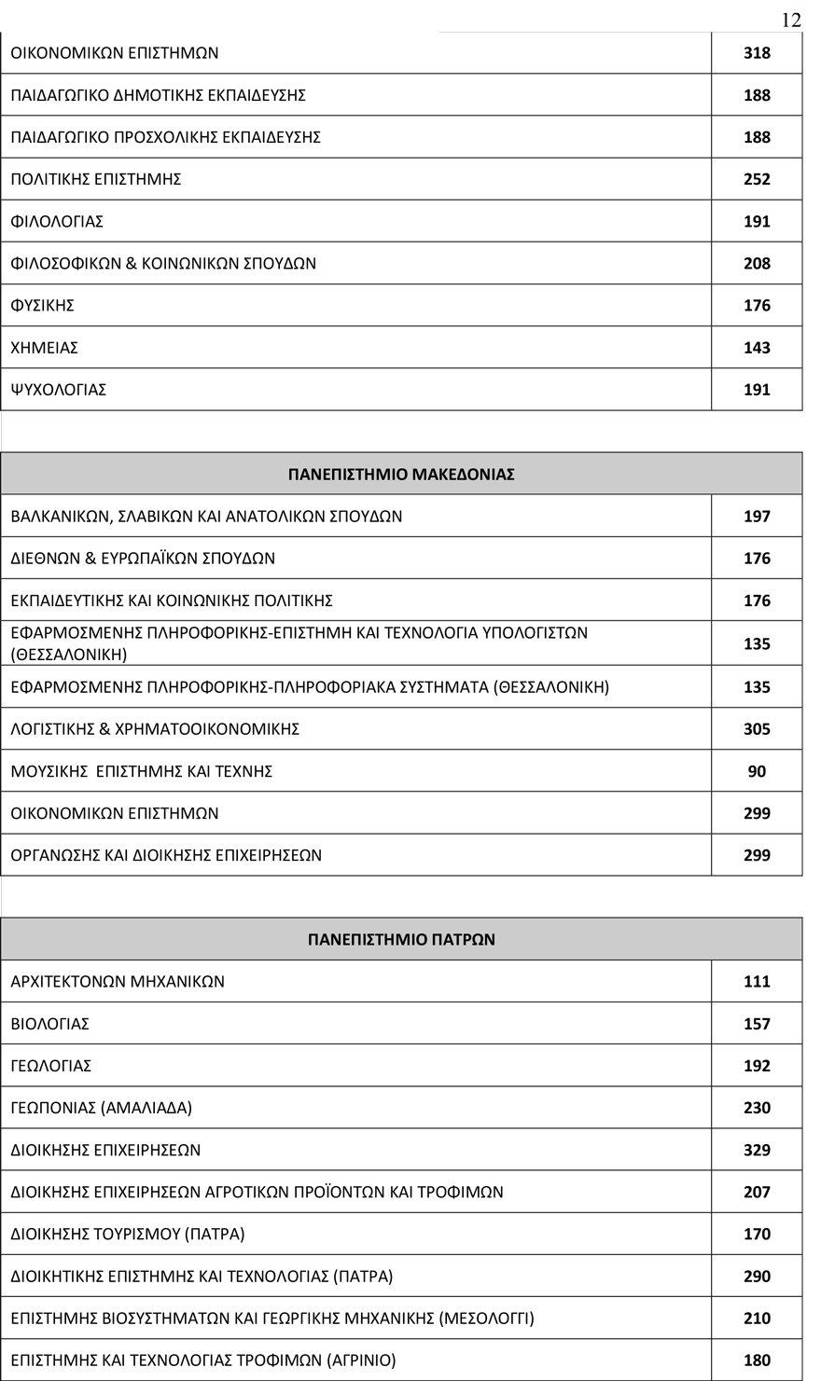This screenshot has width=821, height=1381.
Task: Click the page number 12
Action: click(x=790, y=21)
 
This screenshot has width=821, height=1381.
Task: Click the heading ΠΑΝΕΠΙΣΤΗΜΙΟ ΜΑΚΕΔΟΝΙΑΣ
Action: click(x=401, y=474)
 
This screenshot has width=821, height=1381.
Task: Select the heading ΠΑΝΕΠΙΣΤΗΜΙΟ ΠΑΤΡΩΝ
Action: click(x=401, y=939)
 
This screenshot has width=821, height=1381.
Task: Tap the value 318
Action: click(x=757, y=53)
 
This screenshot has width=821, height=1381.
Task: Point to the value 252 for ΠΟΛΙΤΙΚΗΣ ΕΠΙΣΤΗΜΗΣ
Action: click(x=757, y=179)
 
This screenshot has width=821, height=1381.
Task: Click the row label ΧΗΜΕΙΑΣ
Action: click(x=45, y=348)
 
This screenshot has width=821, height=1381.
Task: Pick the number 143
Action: click(x=757, y=348)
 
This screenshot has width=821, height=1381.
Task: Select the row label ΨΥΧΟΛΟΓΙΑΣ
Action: click(x=59, y=390)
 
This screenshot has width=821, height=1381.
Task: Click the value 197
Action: click(x=757, y=517)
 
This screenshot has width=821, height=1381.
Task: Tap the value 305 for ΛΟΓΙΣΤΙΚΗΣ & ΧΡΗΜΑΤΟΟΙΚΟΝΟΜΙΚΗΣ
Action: click(x=757, y=729)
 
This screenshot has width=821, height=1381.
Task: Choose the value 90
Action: click(x=757, y=771)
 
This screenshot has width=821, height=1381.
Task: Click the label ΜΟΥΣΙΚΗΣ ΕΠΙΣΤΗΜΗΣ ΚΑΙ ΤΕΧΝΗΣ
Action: click(x=142, y=771)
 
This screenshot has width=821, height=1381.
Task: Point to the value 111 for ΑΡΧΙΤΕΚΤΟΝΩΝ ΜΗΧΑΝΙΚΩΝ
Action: click(x=757, y=981)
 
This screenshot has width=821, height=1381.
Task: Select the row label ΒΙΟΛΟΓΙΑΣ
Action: click(x=50, y=1024)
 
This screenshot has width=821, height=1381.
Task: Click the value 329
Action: click(x=757, y=1150)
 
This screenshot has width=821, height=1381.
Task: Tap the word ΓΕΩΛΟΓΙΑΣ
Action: click(x=51, y=1066)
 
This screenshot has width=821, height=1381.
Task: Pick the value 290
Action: click(x=757, y=1276)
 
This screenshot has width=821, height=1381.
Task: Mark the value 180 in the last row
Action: click(x=757, y=1360)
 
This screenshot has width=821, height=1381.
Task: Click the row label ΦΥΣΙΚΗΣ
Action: click(x=43, y=306)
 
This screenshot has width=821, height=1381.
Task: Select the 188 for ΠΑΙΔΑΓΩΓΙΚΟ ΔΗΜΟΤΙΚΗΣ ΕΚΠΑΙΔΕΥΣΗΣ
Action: click(x=757, y=95)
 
